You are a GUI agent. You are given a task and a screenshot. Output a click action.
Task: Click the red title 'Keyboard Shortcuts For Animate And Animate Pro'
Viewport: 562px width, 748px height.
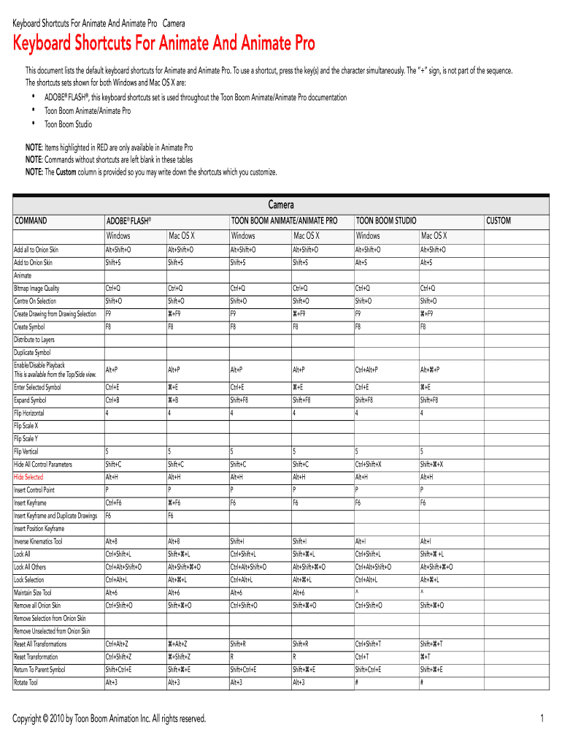coord(164,45)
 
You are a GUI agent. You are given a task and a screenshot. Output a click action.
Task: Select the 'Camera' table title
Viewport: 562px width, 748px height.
coord(281,205)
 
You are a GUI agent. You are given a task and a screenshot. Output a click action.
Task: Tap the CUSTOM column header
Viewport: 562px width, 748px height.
coord(499,221)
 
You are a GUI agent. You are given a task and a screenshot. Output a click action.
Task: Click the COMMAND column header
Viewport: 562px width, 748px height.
coord(31,221)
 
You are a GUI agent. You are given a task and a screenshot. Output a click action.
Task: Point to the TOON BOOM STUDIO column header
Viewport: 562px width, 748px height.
coord(385,221)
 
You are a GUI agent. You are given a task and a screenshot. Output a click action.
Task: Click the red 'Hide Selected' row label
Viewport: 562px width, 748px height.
coord(28,477)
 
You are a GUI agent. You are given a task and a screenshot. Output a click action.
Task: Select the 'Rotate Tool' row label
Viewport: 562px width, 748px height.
coord(26,682)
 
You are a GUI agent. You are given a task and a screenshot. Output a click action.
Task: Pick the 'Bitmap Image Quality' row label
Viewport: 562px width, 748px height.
coord(36,288)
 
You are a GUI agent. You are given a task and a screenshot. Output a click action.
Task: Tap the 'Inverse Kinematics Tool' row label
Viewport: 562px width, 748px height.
coord(38,541)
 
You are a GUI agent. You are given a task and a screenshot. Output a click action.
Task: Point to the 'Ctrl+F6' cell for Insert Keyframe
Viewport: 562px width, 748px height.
coord(113,503)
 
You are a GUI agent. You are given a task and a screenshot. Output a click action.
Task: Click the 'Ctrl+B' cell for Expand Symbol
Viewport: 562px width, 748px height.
coord(112,400)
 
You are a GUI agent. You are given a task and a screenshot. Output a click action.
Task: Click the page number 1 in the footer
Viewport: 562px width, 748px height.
coord(542,720)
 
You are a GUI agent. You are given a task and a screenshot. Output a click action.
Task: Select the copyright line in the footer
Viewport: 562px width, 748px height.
coord(109,720)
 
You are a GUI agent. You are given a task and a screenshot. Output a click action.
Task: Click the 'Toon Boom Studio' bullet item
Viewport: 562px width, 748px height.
coord(69,124)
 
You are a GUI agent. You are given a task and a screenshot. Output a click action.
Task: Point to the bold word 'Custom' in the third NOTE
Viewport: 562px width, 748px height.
coord(66,172)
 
